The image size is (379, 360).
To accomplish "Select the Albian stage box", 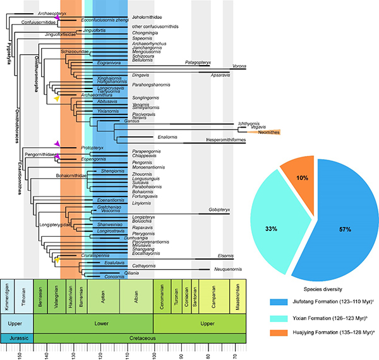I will tap(138, 299).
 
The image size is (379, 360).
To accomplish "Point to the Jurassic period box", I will tap(17, 337).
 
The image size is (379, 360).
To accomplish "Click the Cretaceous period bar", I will tap(139, 337).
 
